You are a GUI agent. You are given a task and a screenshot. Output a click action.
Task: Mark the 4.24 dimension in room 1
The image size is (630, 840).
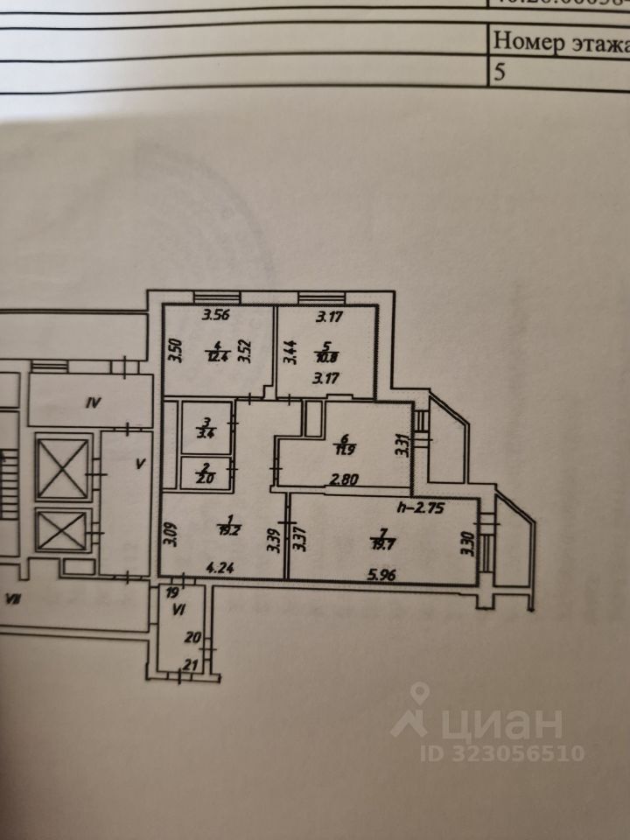tap(220, 566)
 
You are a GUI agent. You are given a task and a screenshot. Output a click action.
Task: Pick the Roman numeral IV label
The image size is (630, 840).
tap(94, 403)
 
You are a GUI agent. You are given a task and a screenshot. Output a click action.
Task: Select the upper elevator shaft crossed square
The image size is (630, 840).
tap(64, 467)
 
